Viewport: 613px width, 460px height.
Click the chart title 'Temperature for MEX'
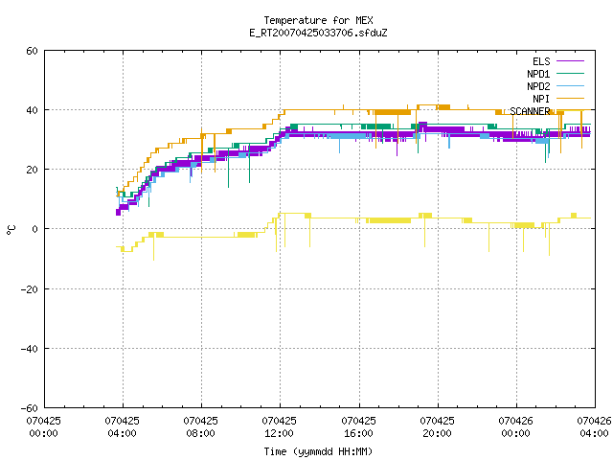pos(318,20)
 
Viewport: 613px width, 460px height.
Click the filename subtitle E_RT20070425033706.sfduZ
pos(318,33)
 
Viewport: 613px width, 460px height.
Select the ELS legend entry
pos(558,61)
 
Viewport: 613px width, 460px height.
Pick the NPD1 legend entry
pos(556,74)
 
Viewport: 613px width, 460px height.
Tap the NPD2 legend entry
pos(556,86)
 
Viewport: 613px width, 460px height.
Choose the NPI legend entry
pos(558,99)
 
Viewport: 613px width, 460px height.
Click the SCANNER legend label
pos(530,111)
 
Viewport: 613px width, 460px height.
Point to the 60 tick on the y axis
pos(32,51)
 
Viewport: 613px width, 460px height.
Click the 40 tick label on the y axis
pos(32,110)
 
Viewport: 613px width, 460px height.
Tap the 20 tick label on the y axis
pos(32,170)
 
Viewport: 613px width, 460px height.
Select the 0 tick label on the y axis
pos(35,229)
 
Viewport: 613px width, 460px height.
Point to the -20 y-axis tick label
pos(30,289)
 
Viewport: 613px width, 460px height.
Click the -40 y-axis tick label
pos(30,349)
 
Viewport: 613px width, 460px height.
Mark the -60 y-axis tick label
pos(30,408)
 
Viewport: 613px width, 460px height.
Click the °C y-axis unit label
pos(11,230)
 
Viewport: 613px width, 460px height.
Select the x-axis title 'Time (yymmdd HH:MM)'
pos(318,451)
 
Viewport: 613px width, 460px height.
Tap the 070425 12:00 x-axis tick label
pos(279,426)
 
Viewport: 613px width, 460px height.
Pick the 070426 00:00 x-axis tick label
pos(515,426)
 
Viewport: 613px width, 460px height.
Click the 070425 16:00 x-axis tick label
pos(358,426)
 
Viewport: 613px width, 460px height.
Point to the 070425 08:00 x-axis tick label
pos(200,426)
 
